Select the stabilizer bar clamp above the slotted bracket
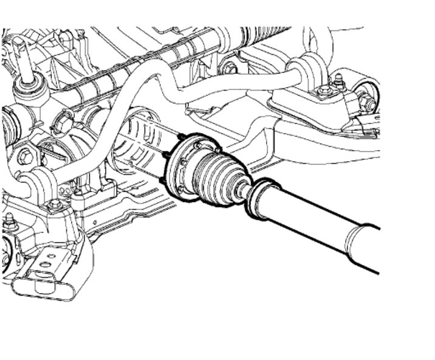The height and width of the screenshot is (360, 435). [x=36, y=182]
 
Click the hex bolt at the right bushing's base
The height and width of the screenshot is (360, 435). [x=324, y=92]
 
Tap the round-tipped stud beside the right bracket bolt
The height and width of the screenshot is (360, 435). [x=338, y=80]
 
